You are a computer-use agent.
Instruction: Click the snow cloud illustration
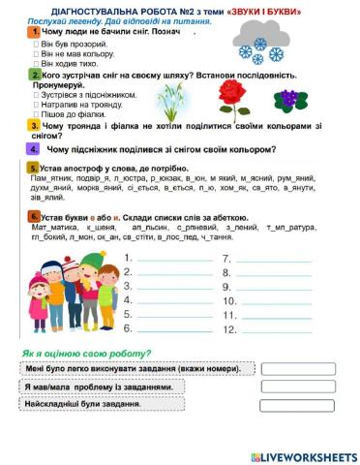point(259,42)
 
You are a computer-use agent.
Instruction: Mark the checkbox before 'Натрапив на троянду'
point(37,103)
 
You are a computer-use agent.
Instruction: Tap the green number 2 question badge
point(34,74)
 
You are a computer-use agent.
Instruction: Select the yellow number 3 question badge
point(34,125)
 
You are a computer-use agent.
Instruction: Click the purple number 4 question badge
point(34,149)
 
